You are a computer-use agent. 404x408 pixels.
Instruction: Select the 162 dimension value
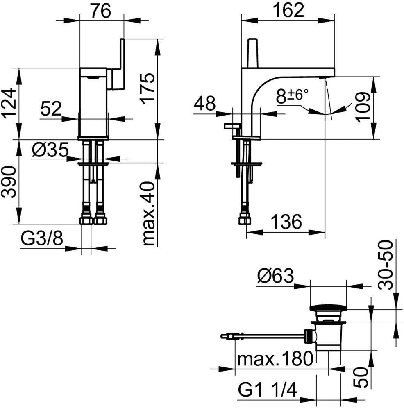pyautogui.click(x=288, y=10)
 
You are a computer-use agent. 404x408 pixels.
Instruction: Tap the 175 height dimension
pyautogui.click(x=148, y=88)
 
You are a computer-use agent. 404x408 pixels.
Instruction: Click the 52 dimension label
pyautogui.click(x=51, y=109)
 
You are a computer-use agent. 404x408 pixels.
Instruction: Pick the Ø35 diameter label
pyautogui.click(x=50, y=150)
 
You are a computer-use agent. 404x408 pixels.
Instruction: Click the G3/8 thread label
pyautogui.click(x=42, y=238)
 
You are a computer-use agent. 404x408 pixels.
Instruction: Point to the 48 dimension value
pyautogui.click(x=205, y=103)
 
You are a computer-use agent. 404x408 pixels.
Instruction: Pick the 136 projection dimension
pyautogui.click(x=286, y=222)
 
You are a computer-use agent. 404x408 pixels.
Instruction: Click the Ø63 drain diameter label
pyautogui.click(x=276, y=276)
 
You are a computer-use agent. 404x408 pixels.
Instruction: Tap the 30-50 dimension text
pyautogui.click(x=385, y=265)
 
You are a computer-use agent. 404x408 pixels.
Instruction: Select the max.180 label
pyautogui.click(x=275, y=359)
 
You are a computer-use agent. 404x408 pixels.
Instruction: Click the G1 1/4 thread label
pyautogui.click(x=268, y=390)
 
